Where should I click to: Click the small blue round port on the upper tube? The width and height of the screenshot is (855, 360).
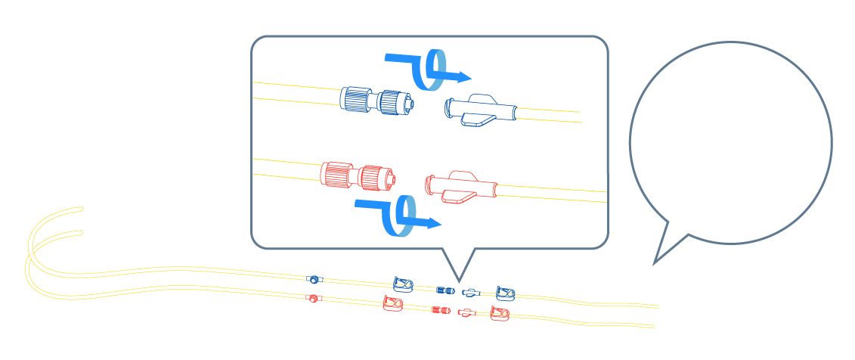pyautogui.click(x=314, y=279)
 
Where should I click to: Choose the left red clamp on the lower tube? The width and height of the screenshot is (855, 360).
pyautogui.click(x=392, y=304)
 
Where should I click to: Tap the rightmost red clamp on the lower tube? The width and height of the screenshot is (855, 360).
pyautogui.click(x=499, y=313)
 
